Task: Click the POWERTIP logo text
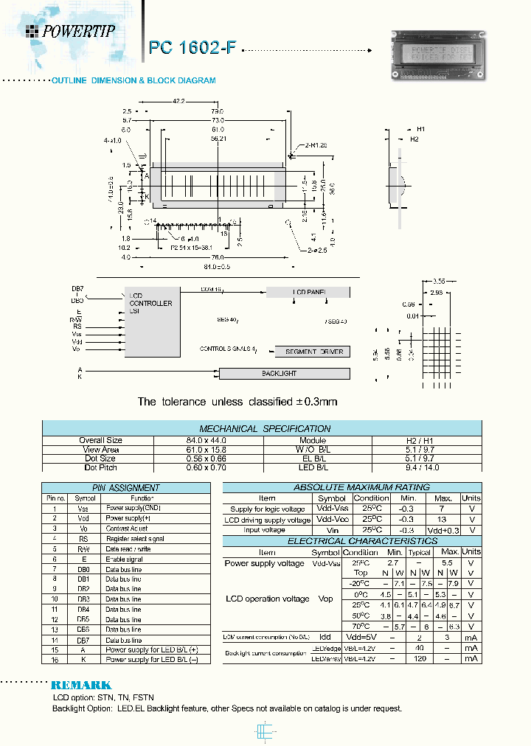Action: point(77,31)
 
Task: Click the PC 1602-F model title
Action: point(192,48)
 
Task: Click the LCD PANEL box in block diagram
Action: point(309,293)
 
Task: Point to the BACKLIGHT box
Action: point(279,374)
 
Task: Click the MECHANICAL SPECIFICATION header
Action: point(265,428)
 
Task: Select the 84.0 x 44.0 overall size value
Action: point(209,440)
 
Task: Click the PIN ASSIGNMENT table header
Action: point(125,488)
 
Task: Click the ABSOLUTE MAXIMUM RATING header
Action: point(351,487)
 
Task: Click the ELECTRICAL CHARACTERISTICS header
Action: point(351,541)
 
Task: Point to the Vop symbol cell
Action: point(325,599)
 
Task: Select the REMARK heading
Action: point(81,685)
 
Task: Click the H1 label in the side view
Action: point(420,129)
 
